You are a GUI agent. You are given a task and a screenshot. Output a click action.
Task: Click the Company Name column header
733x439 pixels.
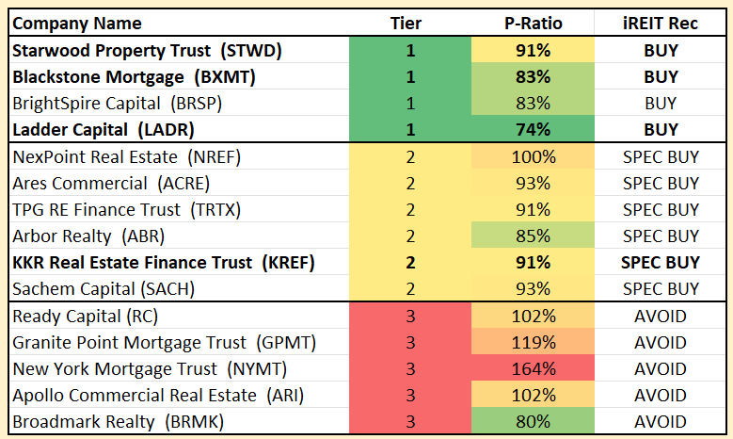pyautogui.click(x=77, y=23)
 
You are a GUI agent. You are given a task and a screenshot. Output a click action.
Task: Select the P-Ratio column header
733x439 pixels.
pyautogui.click(x=533, y=23)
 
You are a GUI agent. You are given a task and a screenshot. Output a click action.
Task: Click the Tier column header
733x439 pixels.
pyautogui.click(x=410, y=23)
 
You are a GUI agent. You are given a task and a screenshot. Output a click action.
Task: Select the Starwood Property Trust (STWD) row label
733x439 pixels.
pyautogui.click(x=147, y=50)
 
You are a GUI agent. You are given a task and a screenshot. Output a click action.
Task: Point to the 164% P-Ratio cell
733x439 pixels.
pyautogui.click(x=533, y=369)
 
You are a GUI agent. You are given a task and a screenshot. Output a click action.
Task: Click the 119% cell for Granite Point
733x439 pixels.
pyautogui.click(x=533, y=343)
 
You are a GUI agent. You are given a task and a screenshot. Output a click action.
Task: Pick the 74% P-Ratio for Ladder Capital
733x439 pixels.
pyautogui.click(x=533, y=129)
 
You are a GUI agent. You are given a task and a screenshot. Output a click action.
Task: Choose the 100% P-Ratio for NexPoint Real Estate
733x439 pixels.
pyautogui.click(x=533, y=157)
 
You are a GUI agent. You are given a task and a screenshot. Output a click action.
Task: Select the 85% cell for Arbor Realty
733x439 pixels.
pyautogui.click(x=533, y=236)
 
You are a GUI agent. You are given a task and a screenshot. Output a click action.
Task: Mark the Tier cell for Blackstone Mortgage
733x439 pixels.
pyautogui.click(x=410, y=76)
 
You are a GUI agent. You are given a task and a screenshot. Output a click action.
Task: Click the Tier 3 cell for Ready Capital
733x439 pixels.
pyautogui.click(x=410, y=317)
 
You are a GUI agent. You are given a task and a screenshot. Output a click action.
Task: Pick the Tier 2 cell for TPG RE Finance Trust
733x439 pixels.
pyautogui.click(x=410, y=210)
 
